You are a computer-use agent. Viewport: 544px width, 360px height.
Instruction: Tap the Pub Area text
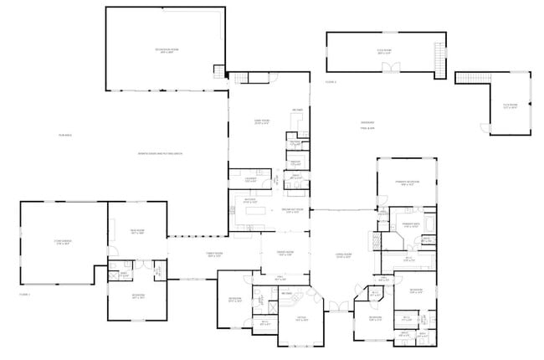65,135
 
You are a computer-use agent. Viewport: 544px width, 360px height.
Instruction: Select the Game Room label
261,121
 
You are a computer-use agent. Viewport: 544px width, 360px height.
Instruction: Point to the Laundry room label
250,179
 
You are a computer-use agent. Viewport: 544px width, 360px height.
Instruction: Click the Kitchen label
249,201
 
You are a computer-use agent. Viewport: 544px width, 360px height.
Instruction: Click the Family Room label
215,255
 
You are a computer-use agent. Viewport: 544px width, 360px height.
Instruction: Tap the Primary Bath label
411,224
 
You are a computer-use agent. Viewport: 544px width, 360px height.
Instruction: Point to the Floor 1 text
24,294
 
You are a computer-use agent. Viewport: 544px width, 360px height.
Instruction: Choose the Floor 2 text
331,81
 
